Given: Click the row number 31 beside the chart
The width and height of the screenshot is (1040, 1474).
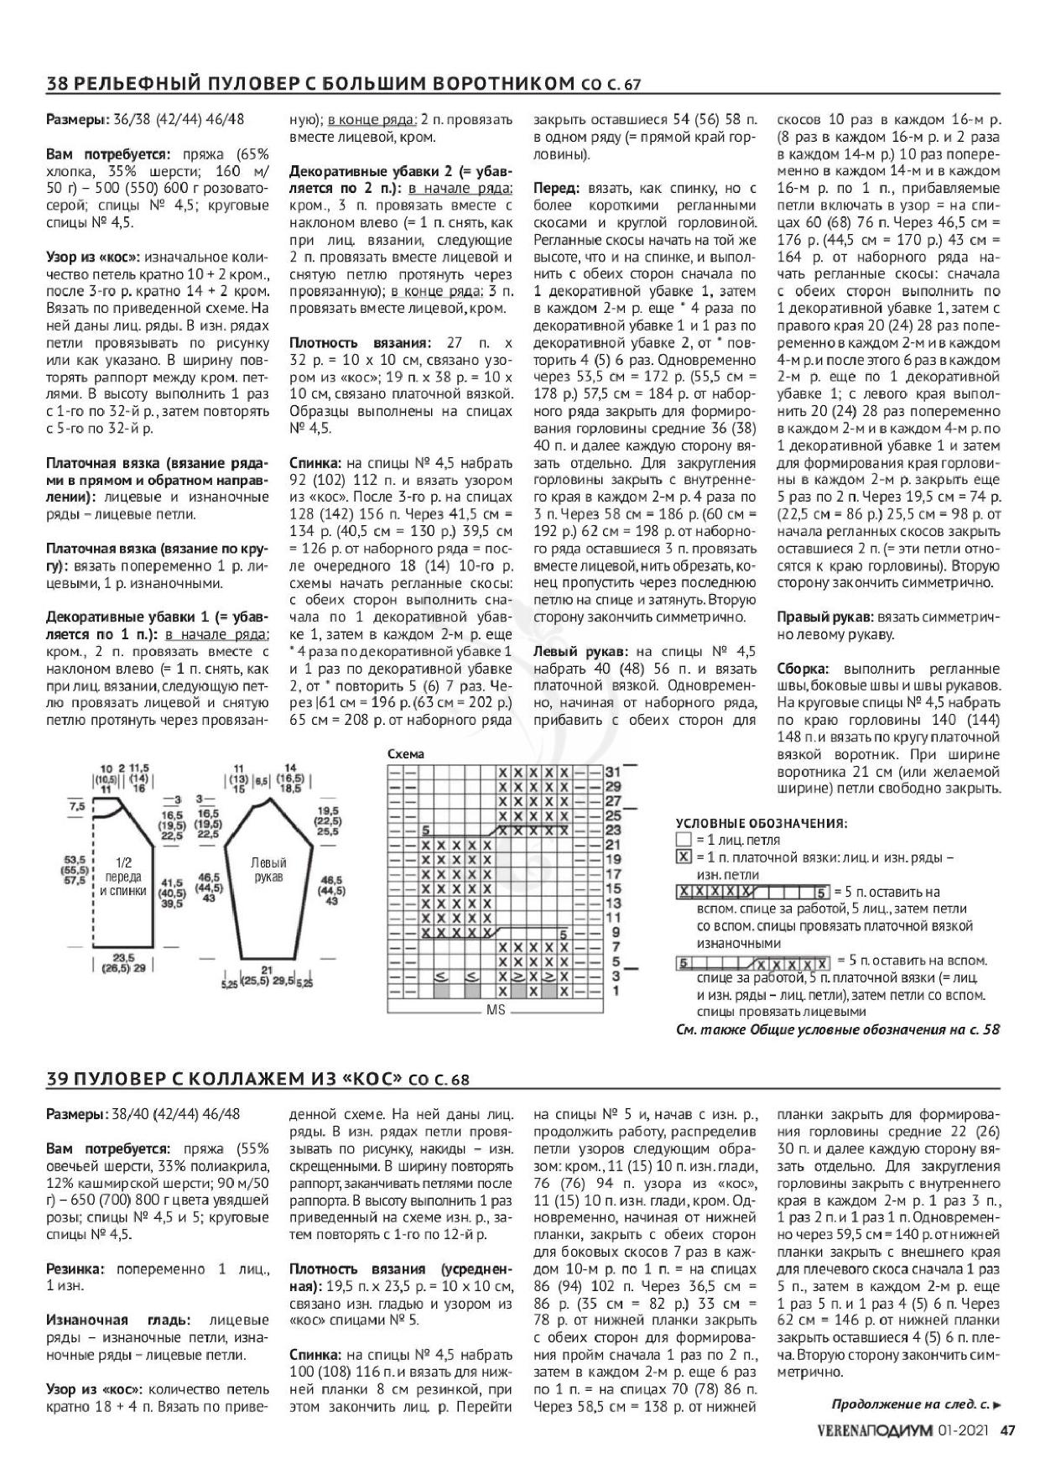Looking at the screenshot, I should [612, 772].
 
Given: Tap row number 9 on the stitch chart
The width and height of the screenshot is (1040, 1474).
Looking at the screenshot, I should [612, 932].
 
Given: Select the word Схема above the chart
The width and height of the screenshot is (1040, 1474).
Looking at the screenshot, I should [406, 753].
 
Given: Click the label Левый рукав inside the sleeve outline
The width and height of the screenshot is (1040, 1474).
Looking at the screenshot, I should [268, 870].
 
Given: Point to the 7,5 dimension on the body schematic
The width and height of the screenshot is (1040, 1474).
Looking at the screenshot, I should [77, 805].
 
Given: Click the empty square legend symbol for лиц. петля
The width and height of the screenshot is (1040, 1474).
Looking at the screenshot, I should [684, 840].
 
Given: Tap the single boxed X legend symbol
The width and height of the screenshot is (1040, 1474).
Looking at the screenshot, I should [684, 857].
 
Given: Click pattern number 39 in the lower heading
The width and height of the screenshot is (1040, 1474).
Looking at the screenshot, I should [56, 1079].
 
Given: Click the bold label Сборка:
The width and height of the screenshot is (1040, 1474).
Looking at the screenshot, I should [803, 669].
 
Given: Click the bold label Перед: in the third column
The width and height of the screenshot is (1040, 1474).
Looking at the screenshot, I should [558, 189].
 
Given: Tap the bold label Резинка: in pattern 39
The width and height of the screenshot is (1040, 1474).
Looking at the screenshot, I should [75, 1269].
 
